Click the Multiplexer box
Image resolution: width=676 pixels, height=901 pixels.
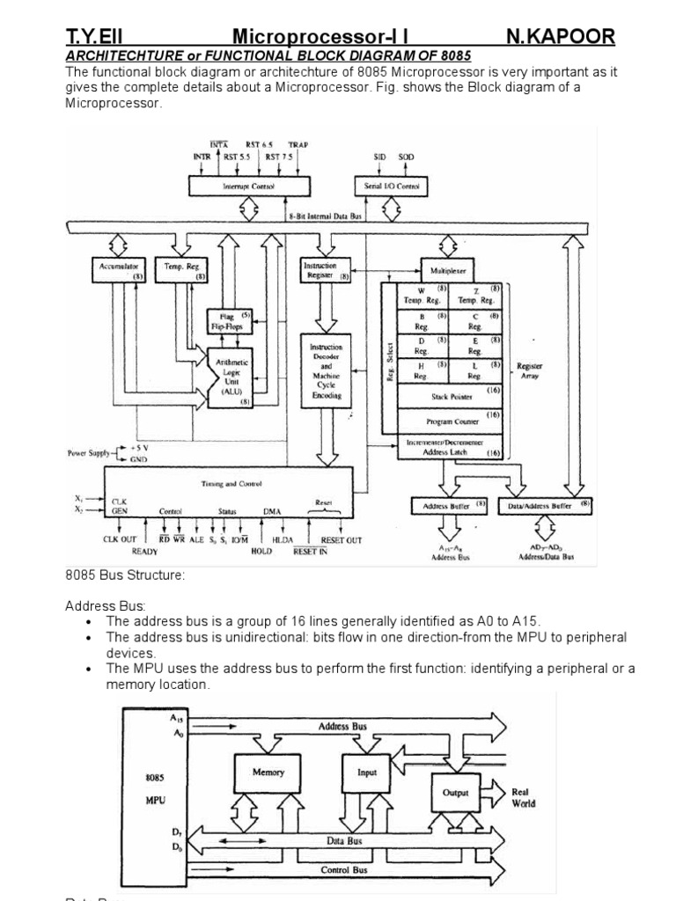pos(447,265)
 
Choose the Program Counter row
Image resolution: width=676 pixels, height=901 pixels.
pos(450,421)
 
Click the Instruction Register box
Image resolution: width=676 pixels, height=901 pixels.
pos(325,268)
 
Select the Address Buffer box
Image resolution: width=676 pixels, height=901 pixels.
pos(449,506)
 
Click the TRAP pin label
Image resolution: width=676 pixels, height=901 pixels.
pos(298,145)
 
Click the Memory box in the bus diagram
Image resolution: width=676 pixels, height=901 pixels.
pos(268,773)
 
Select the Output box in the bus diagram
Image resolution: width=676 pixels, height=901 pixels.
pos(455,793)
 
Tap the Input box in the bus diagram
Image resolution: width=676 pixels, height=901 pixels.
pos(367,773)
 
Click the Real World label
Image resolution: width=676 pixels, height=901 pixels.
pos(523,797)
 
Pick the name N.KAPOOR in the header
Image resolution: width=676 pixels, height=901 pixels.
pos(561,37)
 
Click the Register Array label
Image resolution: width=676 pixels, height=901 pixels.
pos(530,371)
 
